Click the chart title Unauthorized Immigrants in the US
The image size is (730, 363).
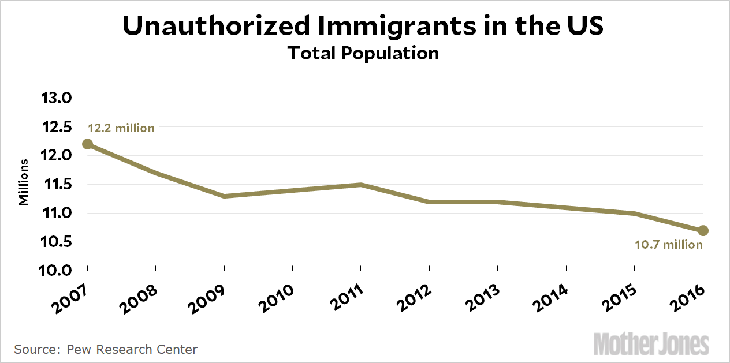(x=363, y=26)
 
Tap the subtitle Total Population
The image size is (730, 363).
(x=363, y=53)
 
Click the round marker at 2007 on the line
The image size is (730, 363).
(x=87, y=144)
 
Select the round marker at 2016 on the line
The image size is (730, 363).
(x=703, y=231)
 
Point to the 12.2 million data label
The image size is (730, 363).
(x=121, y=128)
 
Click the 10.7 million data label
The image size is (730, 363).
(x=669, y=245)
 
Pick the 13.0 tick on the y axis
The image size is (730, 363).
(x=56, y=98)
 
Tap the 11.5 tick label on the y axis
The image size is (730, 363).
(x=56, y=185)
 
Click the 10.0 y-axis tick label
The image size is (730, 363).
(x=56, y=271)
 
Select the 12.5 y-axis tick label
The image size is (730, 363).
(x=56, y=127)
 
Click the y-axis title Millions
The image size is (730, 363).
(x=24, y=182)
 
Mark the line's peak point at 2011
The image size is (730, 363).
(x=361, y=185)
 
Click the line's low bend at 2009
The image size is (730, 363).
(x=224, y=196)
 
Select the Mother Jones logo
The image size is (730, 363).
(x=651, y=345)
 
